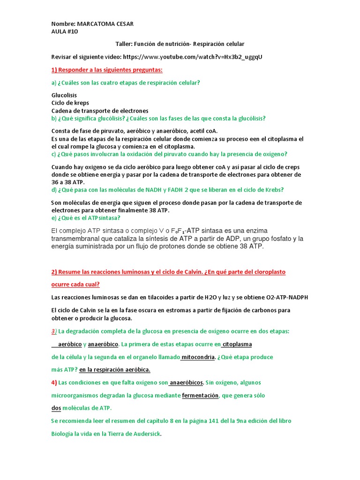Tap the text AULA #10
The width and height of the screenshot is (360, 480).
tap(65, 31)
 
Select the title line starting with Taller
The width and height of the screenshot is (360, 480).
tap(180, 44)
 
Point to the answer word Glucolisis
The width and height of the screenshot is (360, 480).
tap(64, 95)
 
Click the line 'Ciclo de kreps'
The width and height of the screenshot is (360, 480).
tap(70, 103)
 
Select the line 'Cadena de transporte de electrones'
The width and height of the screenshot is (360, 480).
tap(99, 111)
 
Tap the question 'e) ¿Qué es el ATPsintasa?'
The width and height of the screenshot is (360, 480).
tap(86, 218)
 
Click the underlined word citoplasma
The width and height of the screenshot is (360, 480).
tap(237, 344)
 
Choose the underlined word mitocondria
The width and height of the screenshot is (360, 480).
tap(198, 357)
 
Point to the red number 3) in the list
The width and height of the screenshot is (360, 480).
tap(54, 331)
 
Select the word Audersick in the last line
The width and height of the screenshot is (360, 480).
tap(146, 434)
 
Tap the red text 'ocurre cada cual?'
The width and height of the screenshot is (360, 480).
tap(75, 285)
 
